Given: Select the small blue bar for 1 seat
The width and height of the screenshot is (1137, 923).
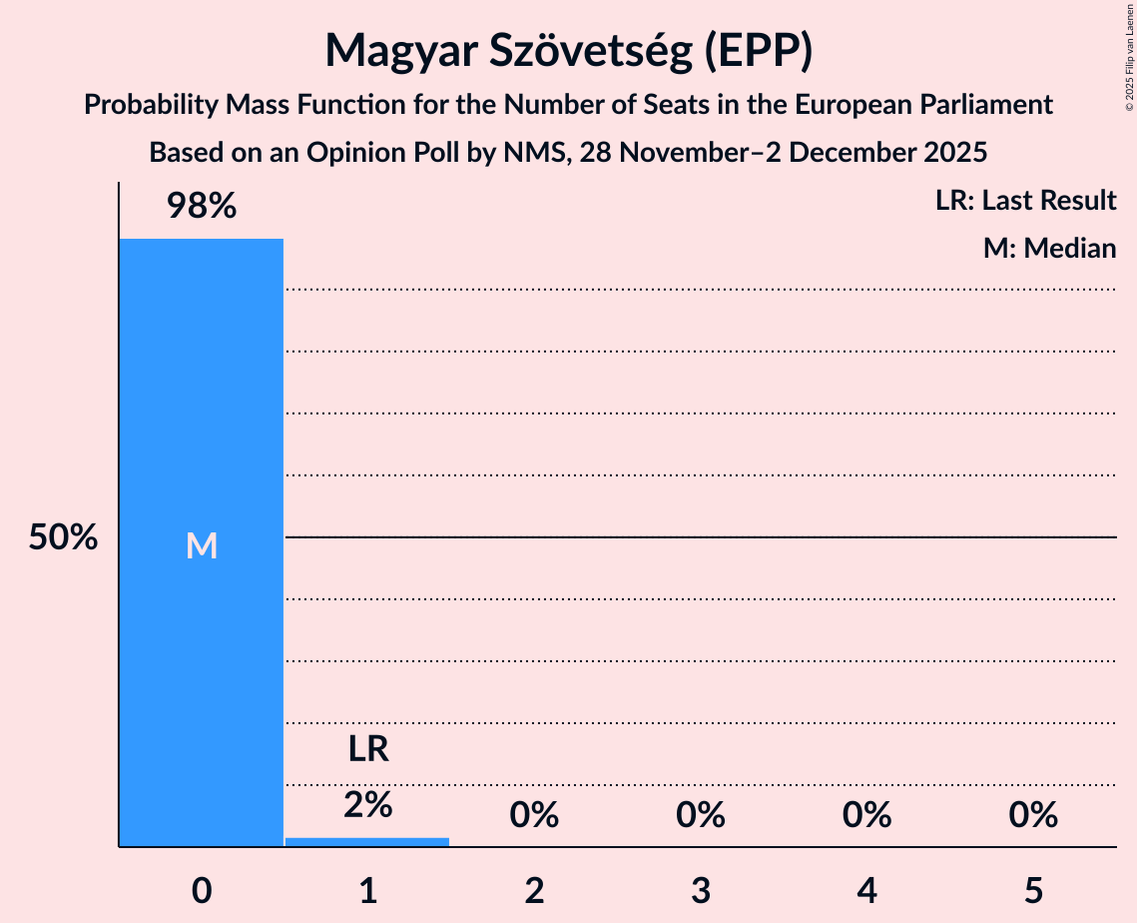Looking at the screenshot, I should click(x=367, y=842).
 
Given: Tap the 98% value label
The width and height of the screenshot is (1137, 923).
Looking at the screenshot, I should click(x=201, y=207).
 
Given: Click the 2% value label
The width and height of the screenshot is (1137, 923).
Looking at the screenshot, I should click(x=367, y=804).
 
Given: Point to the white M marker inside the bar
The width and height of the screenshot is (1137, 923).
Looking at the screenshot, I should click(x=201, y=545).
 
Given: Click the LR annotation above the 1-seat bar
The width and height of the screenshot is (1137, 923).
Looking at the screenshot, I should click(x=367, y=749).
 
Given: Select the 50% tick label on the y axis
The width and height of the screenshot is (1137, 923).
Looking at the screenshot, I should click(x=63, y=538).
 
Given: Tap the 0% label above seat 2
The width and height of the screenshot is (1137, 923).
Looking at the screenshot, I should click(x=534, y=816).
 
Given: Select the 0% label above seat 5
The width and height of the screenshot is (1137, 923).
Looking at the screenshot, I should click(x=1032, y=816).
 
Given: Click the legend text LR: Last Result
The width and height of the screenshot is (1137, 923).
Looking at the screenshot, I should click(x=1025, y=201).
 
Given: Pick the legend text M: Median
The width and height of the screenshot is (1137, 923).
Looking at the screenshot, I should click(x=1049, y=248).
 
